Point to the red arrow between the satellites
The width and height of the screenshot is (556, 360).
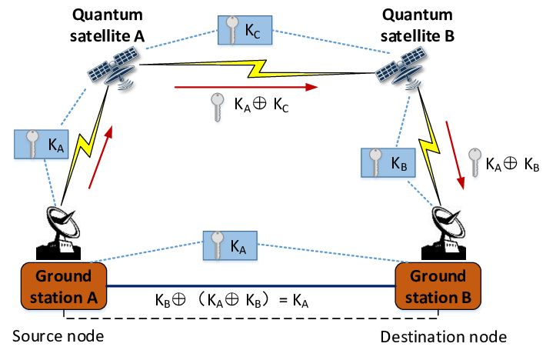(x=246, y=87)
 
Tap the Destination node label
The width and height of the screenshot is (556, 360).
(x=444, y=337)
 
